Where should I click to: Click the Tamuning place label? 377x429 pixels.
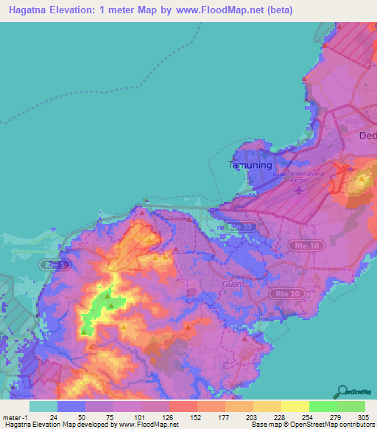(x=249, y=165)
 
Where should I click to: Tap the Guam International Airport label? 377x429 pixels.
(x=289, y=177)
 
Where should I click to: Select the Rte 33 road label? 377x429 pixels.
(x=243, y=227)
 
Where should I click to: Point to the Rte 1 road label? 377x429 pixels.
(x=52, y=264)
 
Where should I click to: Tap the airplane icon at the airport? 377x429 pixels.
(x=298, y=192)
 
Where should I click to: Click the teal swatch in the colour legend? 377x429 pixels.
(x=43, y=406)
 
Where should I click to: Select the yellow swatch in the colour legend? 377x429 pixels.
(x=295, y=406)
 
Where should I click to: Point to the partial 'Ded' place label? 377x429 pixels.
(x=367, y=136)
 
